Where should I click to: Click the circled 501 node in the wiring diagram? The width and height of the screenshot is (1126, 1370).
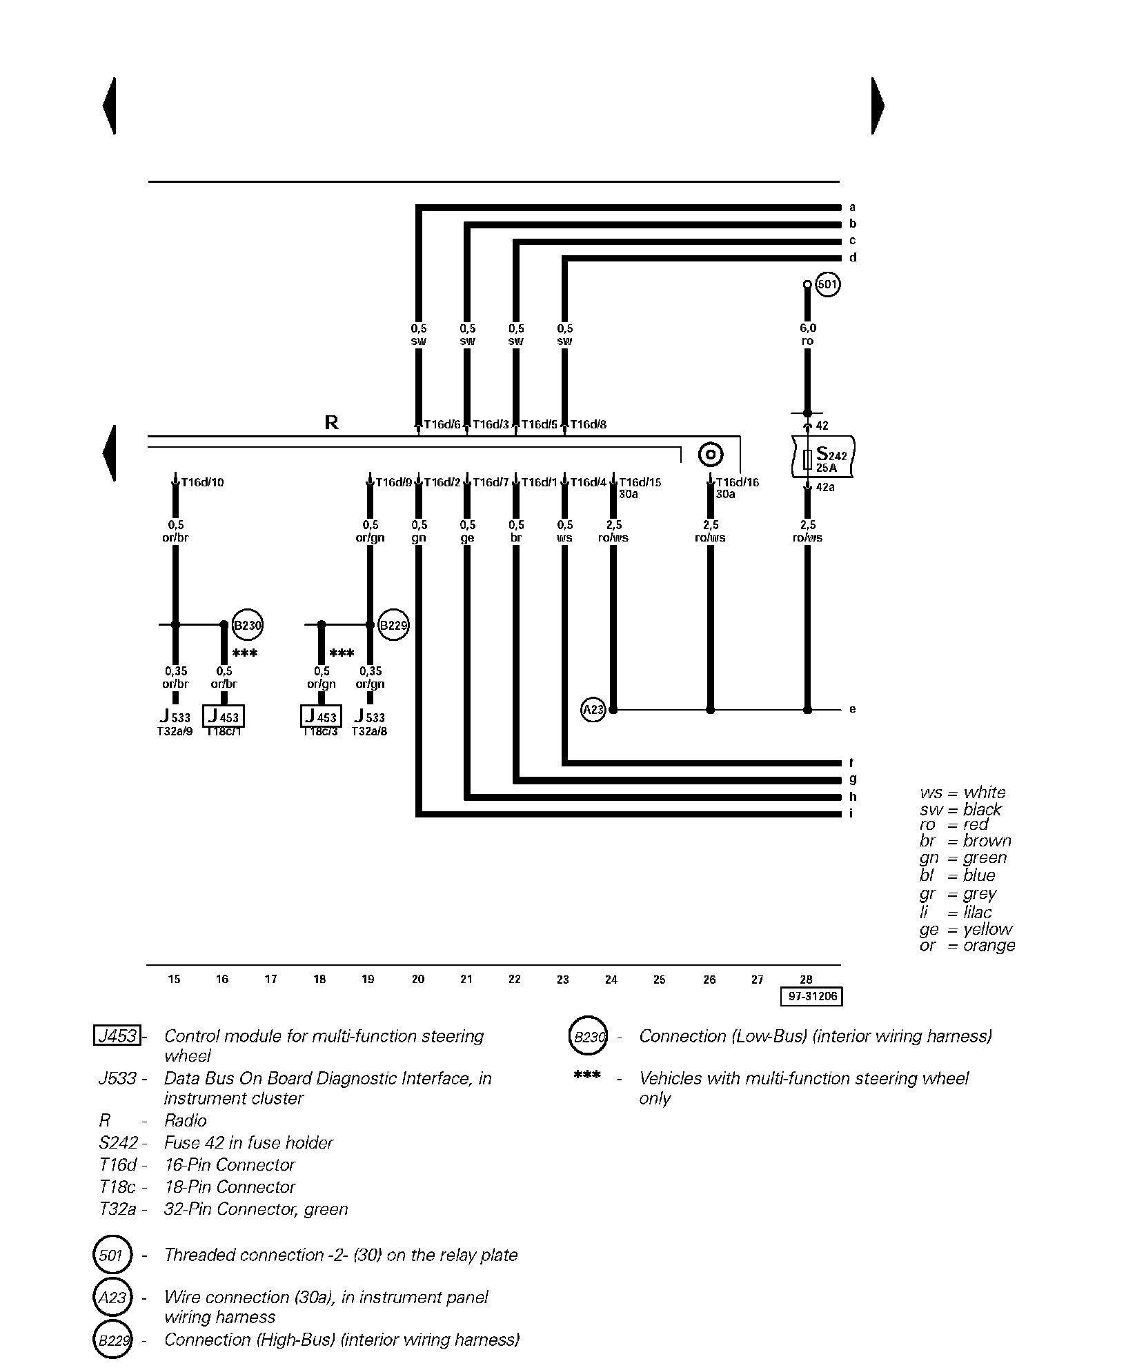point(827,284)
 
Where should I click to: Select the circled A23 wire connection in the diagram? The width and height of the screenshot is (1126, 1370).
point(593,709)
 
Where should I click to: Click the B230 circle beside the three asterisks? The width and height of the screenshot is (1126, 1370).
point(248,626)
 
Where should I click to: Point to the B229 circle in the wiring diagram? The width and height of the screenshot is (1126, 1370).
point(393,626)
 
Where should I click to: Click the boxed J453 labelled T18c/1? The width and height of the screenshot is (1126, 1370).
point(224,717)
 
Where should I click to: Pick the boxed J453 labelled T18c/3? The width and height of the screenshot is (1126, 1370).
point(321,717)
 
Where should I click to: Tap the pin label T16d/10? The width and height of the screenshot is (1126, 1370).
point(202,482)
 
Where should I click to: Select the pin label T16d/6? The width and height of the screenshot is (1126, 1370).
point(442,424)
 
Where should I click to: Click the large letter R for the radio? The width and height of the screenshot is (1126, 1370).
point(331,422)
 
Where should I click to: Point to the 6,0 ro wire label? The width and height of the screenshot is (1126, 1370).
point(807,335)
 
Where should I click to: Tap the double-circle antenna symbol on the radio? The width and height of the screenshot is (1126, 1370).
point(710,455)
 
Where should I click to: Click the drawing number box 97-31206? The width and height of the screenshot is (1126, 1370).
point(811,996)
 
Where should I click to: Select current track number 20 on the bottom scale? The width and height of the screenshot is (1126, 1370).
point(417,979)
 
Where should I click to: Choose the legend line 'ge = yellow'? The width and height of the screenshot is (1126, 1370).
point(966,929)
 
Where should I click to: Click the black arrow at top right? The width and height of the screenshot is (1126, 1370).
point(877,106)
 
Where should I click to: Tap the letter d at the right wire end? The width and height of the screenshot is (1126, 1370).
point(853,258)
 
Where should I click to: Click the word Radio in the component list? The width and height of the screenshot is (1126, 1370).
point(185,1120)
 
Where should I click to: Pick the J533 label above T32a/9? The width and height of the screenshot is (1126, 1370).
point(175,717)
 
